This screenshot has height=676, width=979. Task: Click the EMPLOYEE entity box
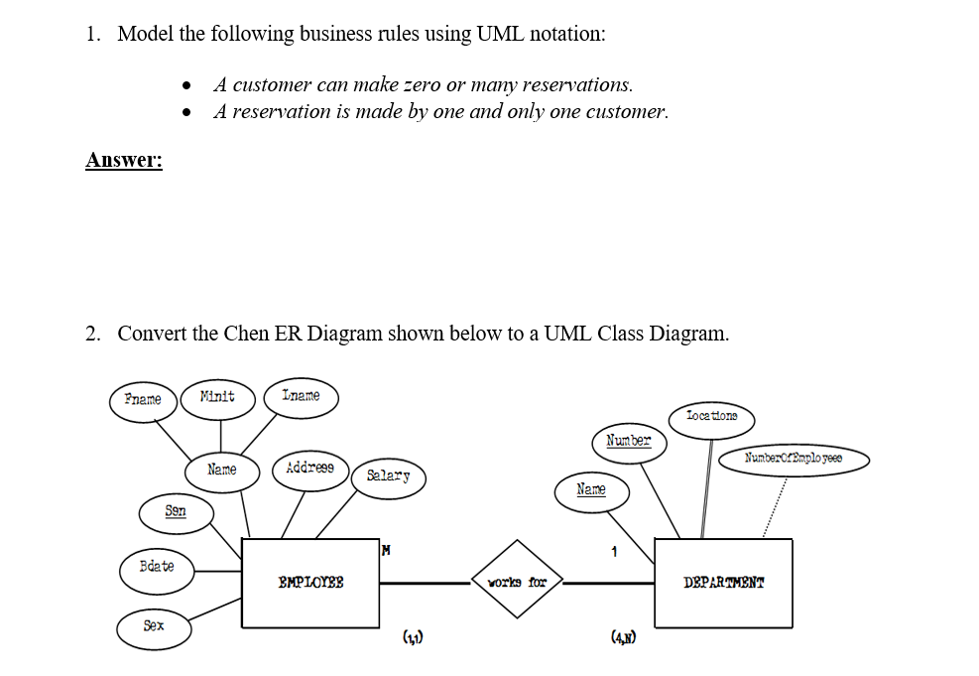tap(310, 583)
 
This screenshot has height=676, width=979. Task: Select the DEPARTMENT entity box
tap(723, 583)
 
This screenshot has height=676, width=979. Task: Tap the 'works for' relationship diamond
tap(517, 581)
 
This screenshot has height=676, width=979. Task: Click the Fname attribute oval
tap(143, 399)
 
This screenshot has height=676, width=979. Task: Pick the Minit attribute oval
tap(217, 396)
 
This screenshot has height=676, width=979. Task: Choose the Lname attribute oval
tap(301, 396)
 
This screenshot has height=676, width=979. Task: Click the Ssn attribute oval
tap(176, 511)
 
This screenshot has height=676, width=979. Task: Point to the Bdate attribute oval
tap(156, 566)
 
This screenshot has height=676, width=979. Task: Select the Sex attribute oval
tap(154, 626)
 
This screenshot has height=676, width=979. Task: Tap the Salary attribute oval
tap(388, 475)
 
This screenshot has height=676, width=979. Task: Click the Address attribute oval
tap(309, 468)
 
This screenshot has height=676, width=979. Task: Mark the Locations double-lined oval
tap(711, 416)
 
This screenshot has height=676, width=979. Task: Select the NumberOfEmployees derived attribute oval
tap(794, 459)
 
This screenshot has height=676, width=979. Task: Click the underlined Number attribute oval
tap(628, 441)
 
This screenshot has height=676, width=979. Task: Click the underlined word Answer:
tap(124, 160)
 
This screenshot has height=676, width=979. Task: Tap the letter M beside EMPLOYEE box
tap(386, 549)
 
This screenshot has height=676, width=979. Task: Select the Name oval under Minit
tap(222, 470)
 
